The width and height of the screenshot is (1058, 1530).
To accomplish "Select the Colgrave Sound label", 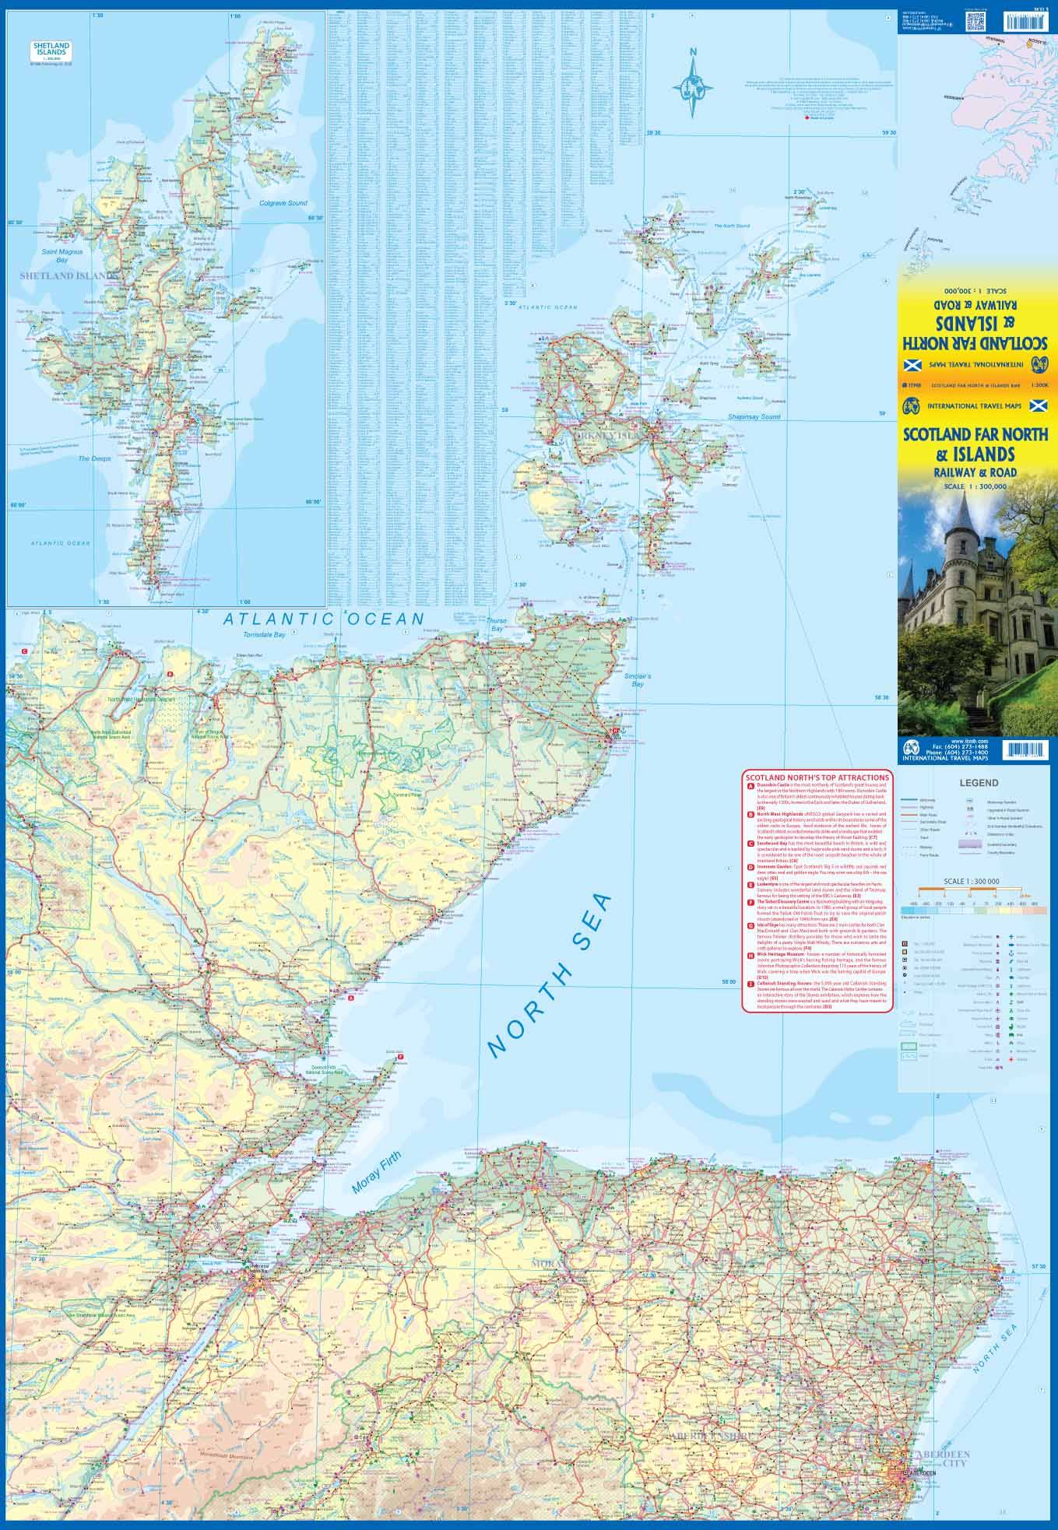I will pyautogui.click(x=283, y=204).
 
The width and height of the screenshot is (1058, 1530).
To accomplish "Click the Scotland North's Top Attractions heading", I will pyautogui.click(x=817, y=777).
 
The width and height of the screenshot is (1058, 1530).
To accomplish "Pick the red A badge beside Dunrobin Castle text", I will pyautogui.click(x=749, y=787).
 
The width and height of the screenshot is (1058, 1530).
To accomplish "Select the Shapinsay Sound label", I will pyautogui.click(x=753, y=417).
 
